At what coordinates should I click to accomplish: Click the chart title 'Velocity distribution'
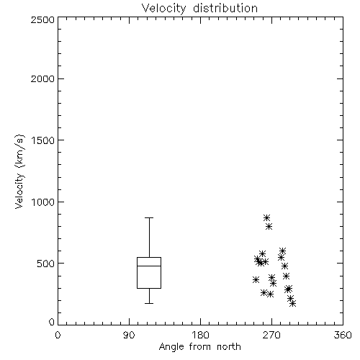tap(199, 9)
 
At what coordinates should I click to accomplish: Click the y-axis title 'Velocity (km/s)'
tap(19, 171)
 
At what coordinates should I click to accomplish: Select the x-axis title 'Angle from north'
tap(199, 347)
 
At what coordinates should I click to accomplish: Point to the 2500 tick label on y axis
tap(42, 19)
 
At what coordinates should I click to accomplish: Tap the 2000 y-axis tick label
tap(42, 78)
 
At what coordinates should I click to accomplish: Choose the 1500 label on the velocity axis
tap(43, 140)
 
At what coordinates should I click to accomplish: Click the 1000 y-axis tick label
tap(43, 202)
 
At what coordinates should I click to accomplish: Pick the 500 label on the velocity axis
tap(46, 264)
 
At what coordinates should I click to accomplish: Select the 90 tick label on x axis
tap(129, 335)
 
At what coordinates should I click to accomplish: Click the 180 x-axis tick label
tap(200, 335)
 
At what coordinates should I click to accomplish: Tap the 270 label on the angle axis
tap(271, 335)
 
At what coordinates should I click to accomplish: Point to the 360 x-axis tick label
tap(343, 335)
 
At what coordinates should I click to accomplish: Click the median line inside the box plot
tap(149, 266)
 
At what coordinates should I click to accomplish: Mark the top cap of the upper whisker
tap(149, 217)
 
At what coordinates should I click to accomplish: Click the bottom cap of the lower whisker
tap(149, 303)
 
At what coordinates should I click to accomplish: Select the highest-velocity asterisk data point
tap(266, 217)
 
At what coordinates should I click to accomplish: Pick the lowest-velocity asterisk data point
tap(292, 303)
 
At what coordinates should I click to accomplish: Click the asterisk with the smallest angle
tap(256, 279)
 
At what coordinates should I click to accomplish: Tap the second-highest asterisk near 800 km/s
tap(269, 226)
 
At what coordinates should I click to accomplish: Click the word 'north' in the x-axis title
tap(229, 347)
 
